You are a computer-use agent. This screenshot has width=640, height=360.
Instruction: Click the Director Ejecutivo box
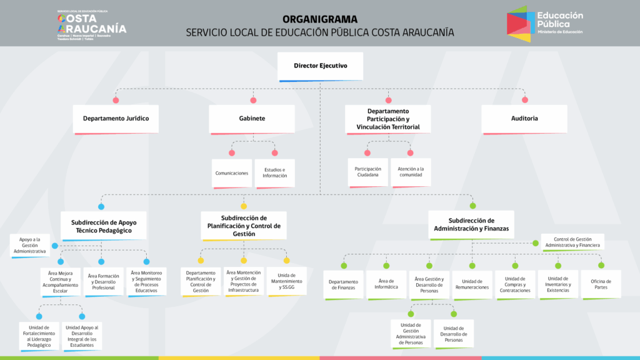(x=320, y=66)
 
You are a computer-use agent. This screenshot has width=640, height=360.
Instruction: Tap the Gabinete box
(x=252, y=118)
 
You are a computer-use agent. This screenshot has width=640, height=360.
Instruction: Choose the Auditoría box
(x=524, y=118)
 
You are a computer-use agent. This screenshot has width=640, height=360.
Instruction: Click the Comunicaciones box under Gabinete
(x=232, y=173)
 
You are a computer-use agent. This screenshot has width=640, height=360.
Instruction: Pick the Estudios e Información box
(x=275, y=173)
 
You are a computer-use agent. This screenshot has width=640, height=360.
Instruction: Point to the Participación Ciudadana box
(x=367, y=172)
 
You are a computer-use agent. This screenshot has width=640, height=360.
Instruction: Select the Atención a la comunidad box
(x=411, y=172)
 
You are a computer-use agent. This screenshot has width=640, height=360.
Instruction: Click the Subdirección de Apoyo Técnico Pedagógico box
(x=104, y=226)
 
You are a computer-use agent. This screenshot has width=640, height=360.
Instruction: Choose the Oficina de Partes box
(x=601, y=284)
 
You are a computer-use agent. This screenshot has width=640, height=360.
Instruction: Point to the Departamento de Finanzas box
(x=343, y=285)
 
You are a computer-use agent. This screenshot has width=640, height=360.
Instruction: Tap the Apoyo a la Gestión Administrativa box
(x=30, y=245)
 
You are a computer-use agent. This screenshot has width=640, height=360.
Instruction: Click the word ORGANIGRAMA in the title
(x=320, y=19)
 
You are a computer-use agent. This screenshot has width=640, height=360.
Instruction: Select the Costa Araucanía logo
(x=91, y=26)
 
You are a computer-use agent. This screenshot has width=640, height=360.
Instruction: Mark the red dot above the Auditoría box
(x=524, y=100)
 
